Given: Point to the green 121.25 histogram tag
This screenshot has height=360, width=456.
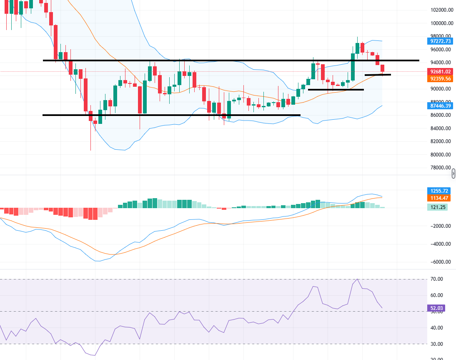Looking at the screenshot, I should tap(437, 207).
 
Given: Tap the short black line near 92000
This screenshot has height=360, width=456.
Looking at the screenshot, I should tap(378, 75).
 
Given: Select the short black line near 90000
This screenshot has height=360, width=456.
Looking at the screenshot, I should tap(336, 90).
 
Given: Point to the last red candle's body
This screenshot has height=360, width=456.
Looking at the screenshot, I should tap(383, 68).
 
